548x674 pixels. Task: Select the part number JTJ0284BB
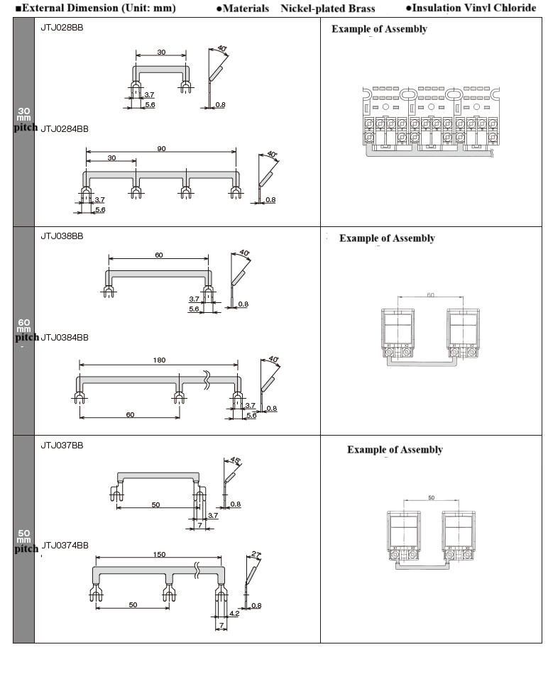pyautogui.click(x=65, y=129)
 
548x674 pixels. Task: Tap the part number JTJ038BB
pyautogui.click(x=62, y=236)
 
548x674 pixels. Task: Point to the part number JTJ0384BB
pyautogui.click(x=65, y=337)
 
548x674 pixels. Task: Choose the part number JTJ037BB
pyautogui.click(x=62, y=446)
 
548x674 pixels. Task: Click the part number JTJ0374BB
pyautogui.click(x=65, y=546)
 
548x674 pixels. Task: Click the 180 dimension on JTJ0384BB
pyautogui.click(x=160, y=360)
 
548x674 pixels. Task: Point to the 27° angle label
pyautogui.click(x=256, y=554)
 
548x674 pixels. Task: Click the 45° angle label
pyautogui.click(x=236, y=460)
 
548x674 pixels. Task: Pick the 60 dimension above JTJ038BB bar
pyautogui.click(x=158, y=255)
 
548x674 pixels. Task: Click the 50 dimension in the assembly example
pyautogui.click(x=431, y=498)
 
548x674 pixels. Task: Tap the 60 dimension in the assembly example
pyautogui.click(x=430, y=294)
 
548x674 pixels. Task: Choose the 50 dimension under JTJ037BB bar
pyautogui.click(x=156, y=504)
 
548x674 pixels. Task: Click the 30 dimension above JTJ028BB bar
pyautogui.click(x=161, y=53)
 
